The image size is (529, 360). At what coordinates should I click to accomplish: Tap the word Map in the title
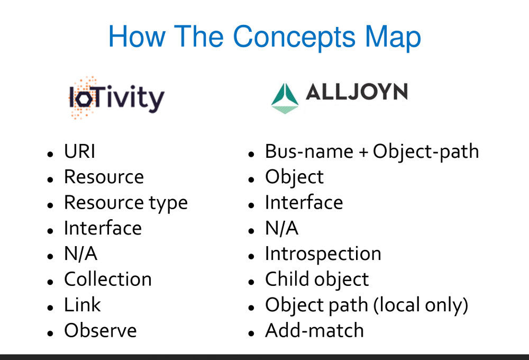pos(393,37)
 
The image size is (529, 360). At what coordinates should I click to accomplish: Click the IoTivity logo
pos(116,98)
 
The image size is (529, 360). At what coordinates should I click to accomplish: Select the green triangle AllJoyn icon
pos(285,98)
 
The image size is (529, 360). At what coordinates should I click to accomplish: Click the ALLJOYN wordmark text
pos(357,93)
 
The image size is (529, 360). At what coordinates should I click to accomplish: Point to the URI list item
pos(79,152)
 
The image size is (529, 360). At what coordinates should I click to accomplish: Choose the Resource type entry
pos(125,203)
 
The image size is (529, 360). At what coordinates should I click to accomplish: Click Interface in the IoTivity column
pos(103,228)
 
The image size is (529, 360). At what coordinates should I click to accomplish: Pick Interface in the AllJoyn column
pos(304,203)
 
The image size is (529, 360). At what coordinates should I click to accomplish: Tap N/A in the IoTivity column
pos(80,254)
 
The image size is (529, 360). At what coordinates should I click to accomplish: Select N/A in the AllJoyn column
pos(281,228)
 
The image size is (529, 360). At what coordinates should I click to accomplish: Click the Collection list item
pos(107,279)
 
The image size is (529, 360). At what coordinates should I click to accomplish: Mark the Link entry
pos(82,304)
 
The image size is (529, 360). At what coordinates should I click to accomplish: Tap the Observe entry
pos(100,330)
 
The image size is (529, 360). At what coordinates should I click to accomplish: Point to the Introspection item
pos(323,254)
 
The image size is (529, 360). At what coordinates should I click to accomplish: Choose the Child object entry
pos(316,279)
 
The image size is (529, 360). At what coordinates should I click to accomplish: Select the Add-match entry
pos(314,330)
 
